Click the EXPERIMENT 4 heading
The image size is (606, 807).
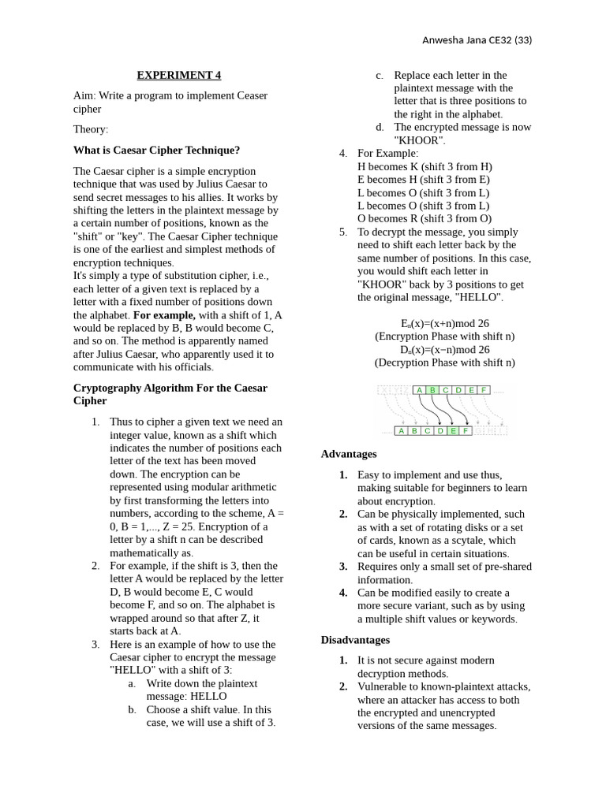pos(179,76)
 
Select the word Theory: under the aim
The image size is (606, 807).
pos(91,128)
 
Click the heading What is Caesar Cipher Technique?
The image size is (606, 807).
pos(156,150)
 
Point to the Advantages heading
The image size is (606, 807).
pos(349,454)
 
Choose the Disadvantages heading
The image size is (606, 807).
pos(355,640)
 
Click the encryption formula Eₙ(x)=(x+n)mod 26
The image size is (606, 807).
pos(444,323)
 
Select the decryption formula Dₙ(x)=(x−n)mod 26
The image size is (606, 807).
pos(444,349)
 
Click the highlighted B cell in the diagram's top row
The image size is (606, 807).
pos(432,390)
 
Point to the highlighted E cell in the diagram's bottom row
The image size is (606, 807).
pos(452,431)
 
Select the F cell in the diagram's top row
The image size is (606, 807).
pos(483,390)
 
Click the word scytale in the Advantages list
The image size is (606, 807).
pos(473,541)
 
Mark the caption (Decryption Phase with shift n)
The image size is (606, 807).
pos(444,363)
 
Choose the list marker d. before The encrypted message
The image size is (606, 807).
pos(380,127)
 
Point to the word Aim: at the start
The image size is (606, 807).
pos(84,95)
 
